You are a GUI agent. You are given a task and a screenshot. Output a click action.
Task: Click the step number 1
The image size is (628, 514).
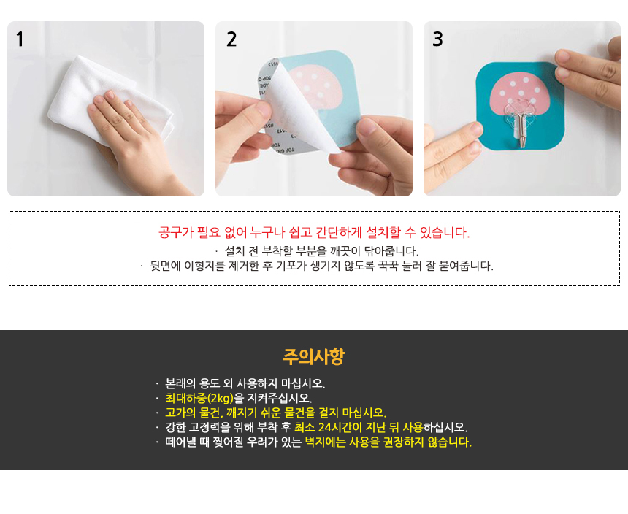20,39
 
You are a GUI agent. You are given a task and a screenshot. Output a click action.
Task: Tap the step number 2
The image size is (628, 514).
231,39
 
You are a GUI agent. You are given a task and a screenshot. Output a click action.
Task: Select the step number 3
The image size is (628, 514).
437,39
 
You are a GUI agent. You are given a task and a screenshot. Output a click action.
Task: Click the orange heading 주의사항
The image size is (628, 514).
313,356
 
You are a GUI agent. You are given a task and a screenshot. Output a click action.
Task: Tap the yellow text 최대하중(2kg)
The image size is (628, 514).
199,399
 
